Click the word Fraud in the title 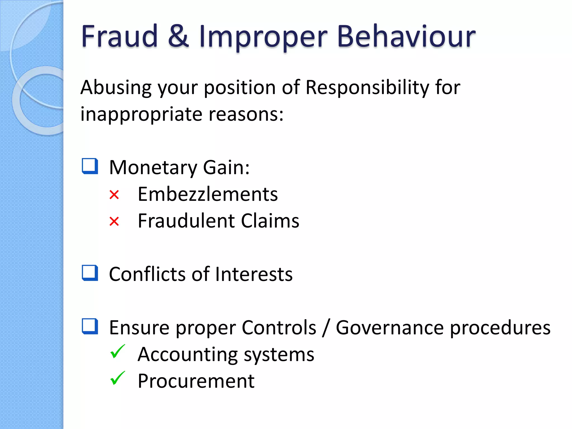120,36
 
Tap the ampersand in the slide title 178,36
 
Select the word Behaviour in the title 406,36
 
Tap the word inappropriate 141,115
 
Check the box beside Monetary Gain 90,166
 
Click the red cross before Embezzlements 114,195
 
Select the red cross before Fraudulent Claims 114,221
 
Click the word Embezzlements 208,194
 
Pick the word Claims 270,221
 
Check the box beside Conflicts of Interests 90,273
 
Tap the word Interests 254,274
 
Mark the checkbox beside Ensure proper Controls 90,326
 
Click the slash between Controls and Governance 326,328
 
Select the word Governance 390,328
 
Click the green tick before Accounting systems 117,352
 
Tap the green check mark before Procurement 117,378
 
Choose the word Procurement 196,381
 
